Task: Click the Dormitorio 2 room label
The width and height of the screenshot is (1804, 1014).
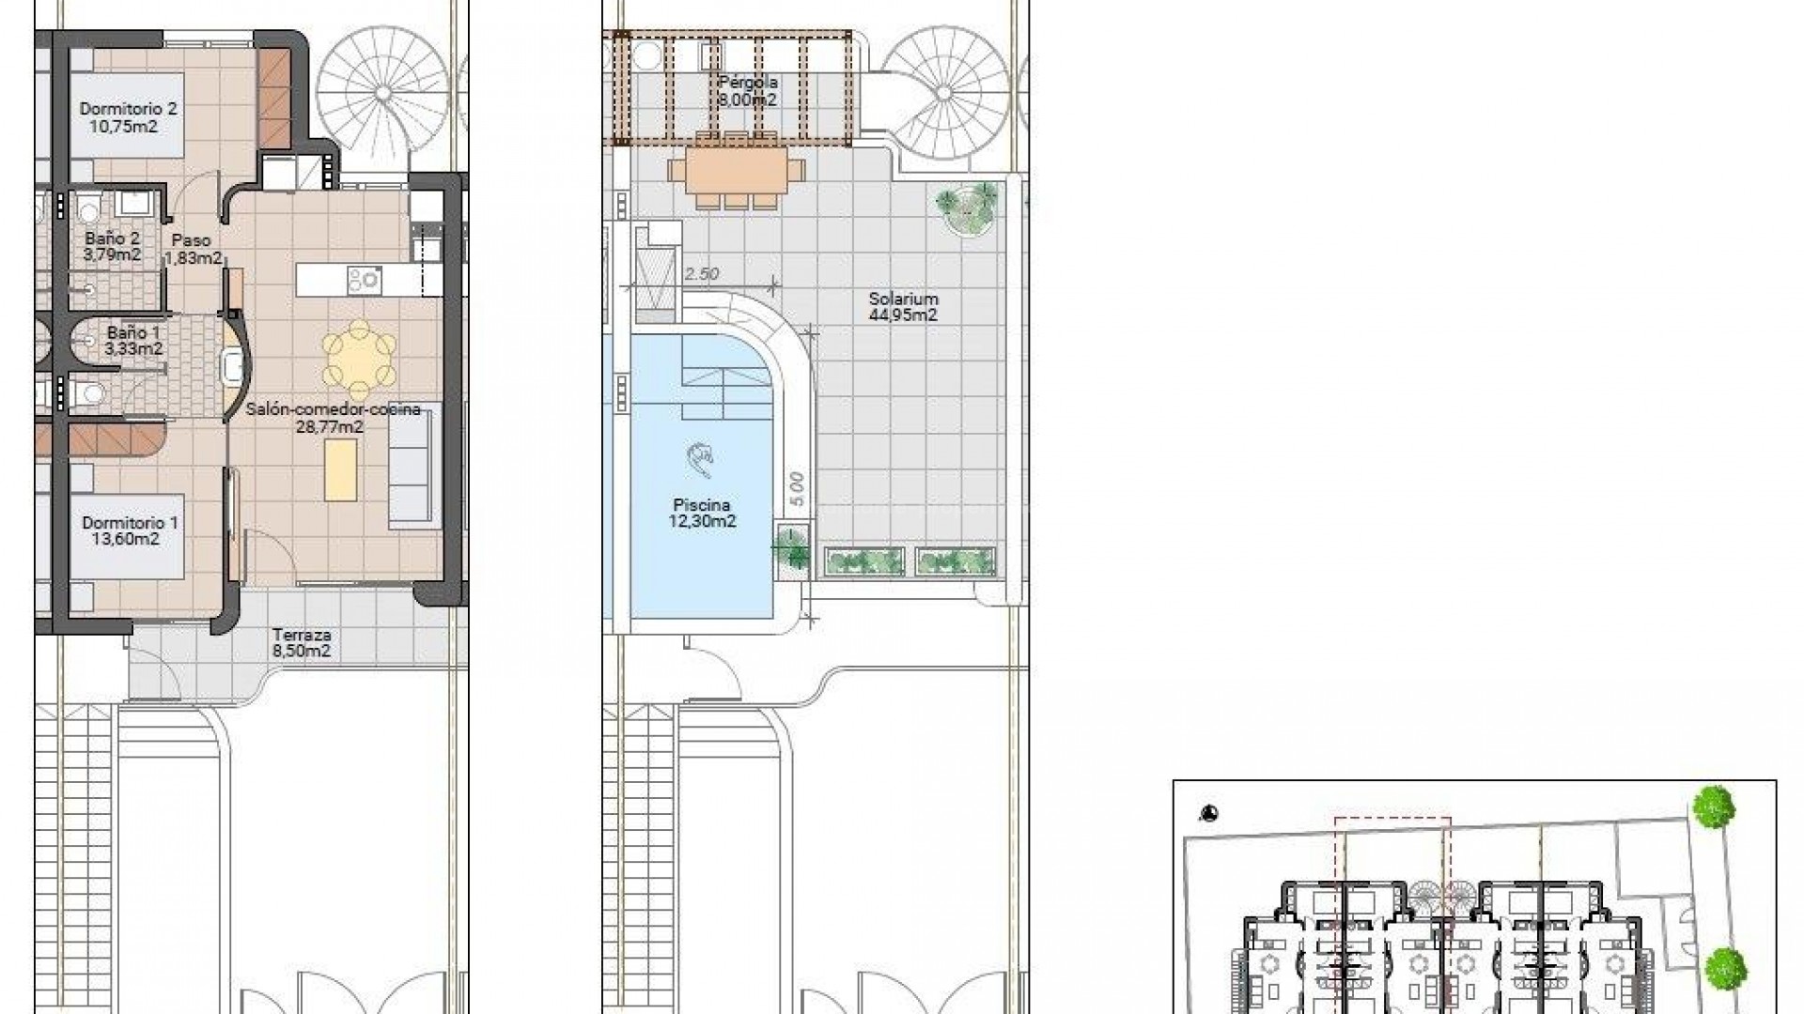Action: [128, 117]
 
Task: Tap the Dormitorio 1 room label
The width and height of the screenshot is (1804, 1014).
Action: [130, 530]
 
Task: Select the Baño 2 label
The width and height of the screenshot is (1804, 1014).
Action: [113, 247]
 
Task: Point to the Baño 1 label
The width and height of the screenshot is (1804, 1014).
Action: [134, 341]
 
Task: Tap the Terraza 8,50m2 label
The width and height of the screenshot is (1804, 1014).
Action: [301, 642]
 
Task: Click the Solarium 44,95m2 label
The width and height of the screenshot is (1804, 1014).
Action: [903, 307]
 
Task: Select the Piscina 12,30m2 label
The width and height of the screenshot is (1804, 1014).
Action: [702, 513]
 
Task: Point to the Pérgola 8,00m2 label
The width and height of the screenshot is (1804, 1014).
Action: [748, 91]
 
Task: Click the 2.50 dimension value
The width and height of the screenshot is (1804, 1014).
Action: [702, 273]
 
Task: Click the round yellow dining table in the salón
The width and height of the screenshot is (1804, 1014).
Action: [359, 359]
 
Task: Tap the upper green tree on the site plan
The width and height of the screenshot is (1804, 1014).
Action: [1714, 807]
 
